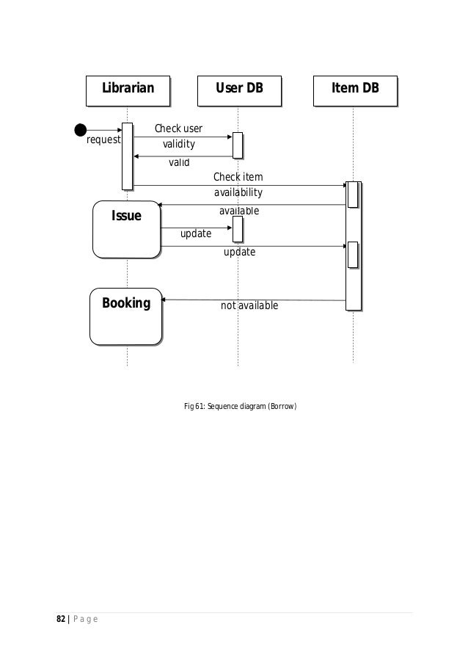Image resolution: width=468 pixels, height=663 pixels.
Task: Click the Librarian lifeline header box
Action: coord(128,90)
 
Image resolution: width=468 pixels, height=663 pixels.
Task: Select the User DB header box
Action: coord(238,90)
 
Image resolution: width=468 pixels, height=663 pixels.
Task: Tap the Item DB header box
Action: coord(355,90)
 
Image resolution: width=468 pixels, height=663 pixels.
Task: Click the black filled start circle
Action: coord(80,130)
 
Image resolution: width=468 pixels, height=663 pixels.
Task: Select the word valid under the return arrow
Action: coord(179,162)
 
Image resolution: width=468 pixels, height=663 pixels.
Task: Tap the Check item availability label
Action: coord(238,185)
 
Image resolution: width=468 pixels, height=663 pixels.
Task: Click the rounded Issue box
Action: coord(126,229)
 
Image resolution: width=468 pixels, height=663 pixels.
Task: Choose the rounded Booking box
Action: coord(126,316)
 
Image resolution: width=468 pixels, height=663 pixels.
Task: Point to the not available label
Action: coord(249,305)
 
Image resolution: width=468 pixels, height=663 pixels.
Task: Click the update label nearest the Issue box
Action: coord(196,233)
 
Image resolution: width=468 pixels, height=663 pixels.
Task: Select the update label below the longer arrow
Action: coord(239,252)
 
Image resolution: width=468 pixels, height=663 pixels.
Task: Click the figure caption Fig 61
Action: coord(240,406)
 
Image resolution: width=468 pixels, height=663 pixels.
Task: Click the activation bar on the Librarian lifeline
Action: coord(127,156)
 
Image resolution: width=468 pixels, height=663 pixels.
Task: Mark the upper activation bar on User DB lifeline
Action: coord(237,145)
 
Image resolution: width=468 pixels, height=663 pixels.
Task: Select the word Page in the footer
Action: coord(87,621)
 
